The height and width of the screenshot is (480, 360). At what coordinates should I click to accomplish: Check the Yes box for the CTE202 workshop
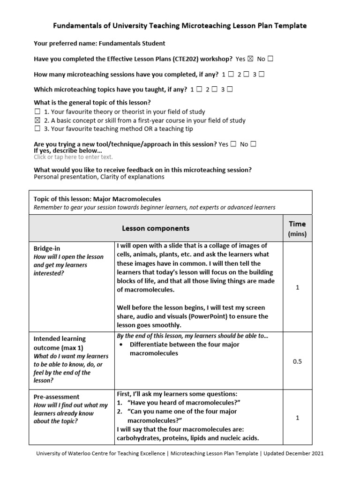[x=250, y=59]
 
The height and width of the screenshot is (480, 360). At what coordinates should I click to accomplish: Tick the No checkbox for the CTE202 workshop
[x=270, y=59]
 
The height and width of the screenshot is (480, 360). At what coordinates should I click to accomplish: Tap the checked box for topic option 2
[x=37, y=120]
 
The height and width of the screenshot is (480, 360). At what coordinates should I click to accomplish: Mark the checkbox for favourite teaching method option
[x=37, y=129]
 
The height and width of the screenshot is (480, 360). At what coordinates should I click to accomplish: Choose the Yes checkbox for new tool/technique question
[x=233, y=144]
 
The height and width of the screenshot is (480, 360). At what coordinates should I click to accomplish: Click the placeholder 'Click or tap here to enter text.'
[x=73, y=157]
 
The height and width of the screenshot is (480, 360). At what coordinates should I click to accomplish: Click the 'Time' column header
[x=297, y=224]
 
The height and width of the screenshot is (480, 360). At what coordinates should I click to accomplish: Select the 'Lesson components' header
[x=156, y=228]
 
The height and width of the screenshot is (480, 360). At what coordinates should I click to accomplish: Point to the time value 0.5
[x=297, y=361]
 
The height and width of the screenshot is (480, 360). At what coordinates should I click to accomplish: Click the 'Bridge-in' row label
[x=47, y=248]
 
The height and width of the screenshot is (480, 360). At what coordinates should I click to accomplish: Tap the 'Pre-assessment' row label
[x=56, y=397]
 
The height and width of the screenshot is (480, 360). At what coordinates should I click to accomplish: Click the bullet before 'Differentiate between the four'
[x=121, y=345]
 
